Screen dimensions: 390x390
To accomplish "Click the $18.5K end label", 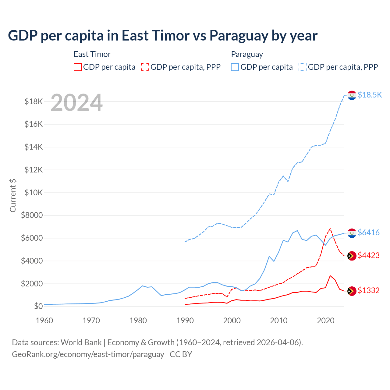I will pyautogui.click(x=370, y=95).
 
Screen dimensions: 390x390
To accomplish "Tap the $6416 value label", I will pyautogui.click(x=368, y=233).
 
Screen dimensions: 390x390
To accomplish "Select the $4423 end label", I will pyautogui.click(x=368, y=256).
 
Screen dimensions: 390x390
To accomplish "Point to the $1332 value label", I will pyautogui.click(x=368, y=291).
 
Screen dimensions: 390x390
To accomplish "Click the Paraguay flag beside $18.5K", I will pyautogui.click(x=352, y=95).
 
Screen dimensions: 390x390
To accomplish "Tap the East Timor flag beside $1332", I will pyautogui.click(x=352, y=291).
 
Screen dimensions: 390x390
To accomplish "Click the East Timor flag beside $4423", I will pyautogui.click(x=352, y=256).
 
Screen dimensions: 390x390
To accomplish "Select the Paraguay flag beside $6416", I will pyautogui.click(x=352, y=233).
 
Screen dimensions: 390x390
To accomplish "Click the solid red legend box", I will pyautogui.click(x=78, y=67).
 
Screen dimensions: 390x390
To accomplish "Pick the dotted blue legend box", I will pyautogui.click(x=303, y=67).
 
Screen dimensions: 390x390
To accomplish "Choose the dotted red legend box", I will pyautogui.click(x=145, y=67).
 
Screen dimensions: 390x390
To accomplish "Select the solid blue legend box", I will pyautogui.click(x=235, y=67).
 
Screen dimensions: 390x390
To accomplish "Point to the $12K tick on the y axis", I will pyautogui.click(x=34, y=170).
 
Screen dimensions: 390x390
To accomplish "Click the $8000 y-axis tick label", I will pyautogui.click(x=32, y=215).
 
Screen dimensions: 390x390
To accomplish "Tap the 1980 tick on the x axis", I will pyautogui.click(x=138, y=321).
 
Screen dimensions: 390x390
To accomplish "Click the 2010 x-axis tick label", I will pyautogui.click(x=279, y=321).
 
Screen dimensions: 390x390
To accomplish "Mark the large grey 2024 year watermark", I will pyautogui.click(x=76, y=103).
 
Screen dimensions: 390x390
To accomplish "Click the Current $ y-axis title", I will pyautogui.click(x=13, y=195).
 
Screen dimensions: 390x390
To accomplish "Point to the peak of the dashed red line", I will pyautogui.click(x=330, y=229).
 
